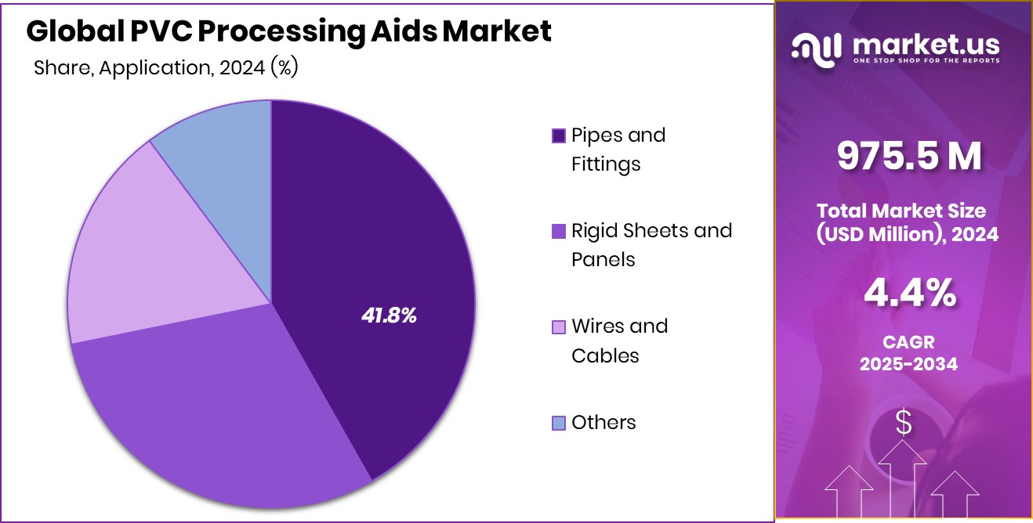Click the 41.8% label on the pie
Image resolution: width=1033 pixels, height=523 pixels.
pos(389,316)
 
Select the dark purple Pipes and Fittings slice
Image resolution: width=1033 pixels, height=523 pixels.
pos(376,235)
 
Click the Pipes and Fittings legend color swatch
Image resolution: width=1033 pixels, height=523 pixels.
pos(558,136)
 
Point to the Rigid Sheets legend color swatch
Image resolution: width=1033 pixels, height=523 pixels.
pos(558,232)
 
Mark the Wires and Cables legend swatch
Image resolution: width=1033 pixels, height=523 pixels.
pos(558,327)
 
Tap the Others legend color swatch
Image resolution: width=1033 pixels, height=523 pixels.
pos(558,424)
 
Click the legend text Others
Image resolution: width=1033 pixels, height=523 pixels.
pos(603,423)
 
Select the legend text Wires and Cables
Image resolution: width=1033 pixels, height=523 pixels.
pos(619,341)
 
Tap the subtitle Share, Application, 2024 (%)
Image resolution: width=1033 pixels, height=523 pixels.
pos(166,68)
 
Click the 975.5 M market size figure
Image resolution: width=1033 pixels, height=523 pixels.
pos(908,157)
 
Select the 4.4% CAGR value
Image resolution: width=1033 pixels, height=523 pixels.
pos(908,294)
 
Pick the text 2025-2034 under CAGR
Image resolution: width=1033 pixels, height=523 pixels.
pos(908,364)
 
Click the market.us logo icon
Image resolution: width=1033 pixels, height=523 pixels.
pos(816,49)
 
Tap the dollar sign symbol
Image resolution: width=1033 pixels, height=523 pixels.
pos(904,424)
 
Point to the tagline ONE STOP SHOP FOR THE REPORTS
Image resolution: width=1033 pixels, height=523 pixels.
pos(926,61)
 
